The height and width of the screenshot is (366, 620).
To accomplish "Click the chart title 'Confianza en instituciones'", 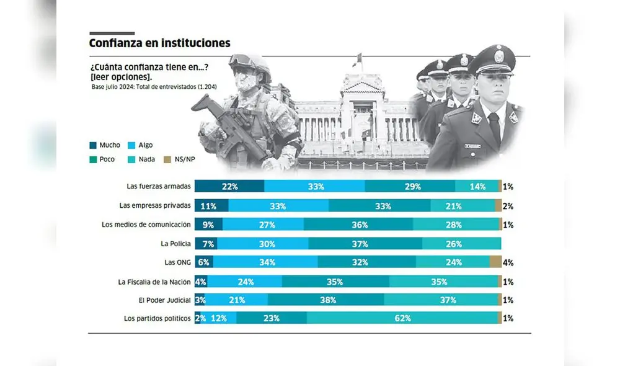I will click(x=159, y=43).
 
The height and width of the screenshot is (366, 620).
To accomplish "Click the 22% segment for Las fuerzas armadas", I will click(x=229, y=186).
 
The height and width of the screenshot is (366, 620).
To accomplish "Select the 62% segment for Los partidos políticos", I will click(x=403, y=318).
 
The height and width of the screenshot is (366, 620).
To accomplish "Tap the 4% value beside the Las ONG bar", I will click(x=508, y=262).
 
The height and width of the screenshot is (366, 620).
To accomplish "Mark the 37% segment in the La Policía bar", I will click(x=360, y=243).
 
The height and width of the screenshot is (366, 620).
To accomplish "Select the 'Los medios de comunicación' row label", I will click(x=146, y=224).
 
